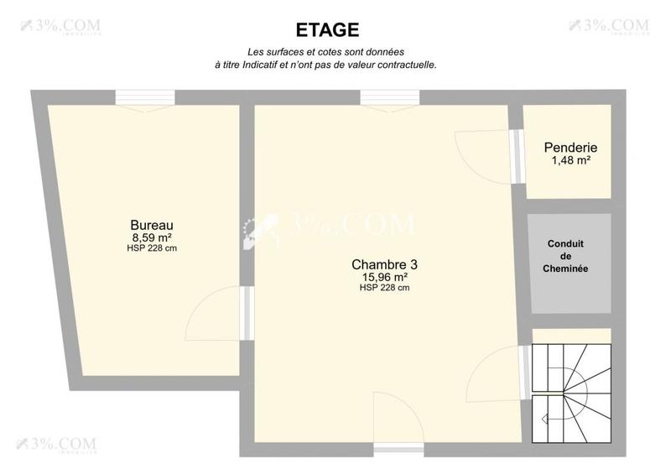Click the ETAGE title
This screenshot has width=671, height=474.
pos(327,30)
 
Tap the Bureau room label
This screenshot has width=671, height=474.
pos(152,225)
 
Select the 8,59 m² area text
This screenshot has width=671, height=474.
pos(152,237)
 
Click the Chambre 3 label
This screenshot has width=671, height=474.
pos(384,264)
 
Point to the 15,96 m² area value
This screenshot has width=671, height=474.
pos(384,277)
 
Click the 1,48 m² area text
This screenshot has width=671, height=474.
pos(570,160)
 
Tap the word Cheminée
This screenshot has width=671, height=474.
pos(566,269)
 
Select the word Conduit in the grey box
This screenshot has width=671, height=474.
pos(566,244)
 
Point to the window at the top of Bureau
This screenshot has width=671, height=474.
pos(145,98)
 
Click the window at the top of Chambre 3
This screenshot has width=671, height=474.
pos(389,98)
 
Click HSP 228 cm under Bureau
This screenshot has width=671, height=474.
pos(152,248)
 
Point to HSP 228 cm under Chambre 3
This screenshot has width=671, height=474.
pos(384,288)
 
